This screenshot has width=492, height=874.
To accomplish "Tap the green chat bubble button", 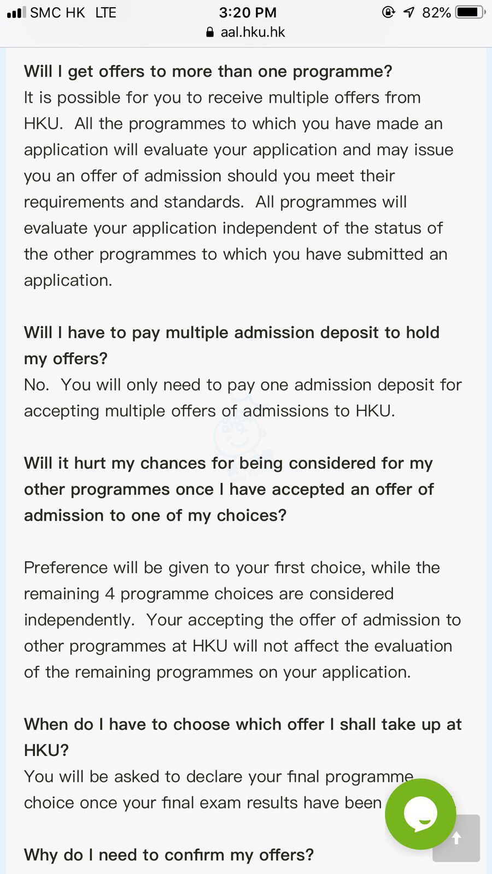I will click(x=420, y=813).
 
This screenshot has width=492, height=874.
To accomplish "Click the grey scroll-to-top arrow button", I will click(x=456, y=838).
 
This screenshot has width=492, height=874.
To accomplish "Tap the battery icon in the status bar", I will click(x=470, y=12).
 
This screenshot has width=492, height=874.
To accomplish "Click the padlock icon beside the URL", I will click(x=210, y=32).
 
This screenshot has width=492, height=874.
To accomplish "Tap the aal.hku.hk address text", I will click(x=253, y=32).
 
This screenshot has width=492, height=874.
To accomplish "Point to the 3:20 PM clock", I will click(x=248, y=12).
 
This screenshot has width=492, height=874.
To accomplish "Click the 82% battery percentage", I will click(x=436, y=12).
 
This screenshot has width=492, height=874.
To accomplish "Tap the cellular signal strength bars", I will click(x=16, y=12).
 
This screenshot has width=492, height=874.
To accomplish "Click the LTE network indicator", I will click(x=106, y=12).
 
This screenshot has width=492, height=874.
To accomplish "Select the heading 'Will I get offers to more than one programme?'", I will click(x=208, y=71).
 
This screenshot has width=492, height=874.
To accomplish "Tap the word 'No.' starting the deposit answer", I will click(x=37, y=385).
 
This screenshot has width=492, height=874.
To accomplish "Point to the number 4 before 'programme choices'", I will click(x=110, y=594).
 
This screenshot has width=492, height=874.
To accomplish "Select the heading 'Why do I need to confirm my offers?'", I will click(x=169, y=854).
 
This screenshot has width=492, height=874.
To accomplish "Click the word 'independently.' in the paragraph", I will click(x=79, y=620).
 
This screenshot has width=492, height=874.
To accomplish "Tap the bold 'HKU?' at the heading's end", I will click(x=46, y=750).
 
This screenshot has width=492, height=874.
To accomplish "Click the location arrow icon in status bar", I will click(x=409, y=12).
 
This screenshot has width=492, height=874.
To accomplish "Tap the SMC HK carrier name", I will click(x=57, y=12).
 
